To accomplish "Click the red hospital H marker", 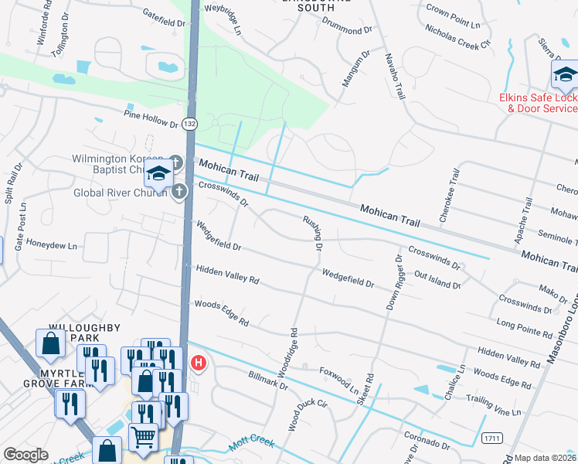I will [199, 362].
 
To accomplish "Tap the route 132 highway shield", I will [189, 123].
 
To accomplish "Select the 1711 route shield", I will [491, 438].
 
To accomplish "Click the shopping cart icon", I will [143, 437].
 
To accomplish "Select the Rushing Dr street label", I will [313, 234].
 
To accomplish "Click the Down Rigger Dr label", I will [393, 283].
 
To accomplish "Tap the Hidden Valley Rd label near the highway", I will [227, 275].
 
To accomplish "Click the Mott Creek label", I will [252, 445].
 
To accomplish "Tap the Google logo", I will [25, 455].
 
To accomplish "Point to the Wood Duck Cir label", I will [308, 415].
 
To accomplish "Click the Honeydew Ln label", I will [52, 246].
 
